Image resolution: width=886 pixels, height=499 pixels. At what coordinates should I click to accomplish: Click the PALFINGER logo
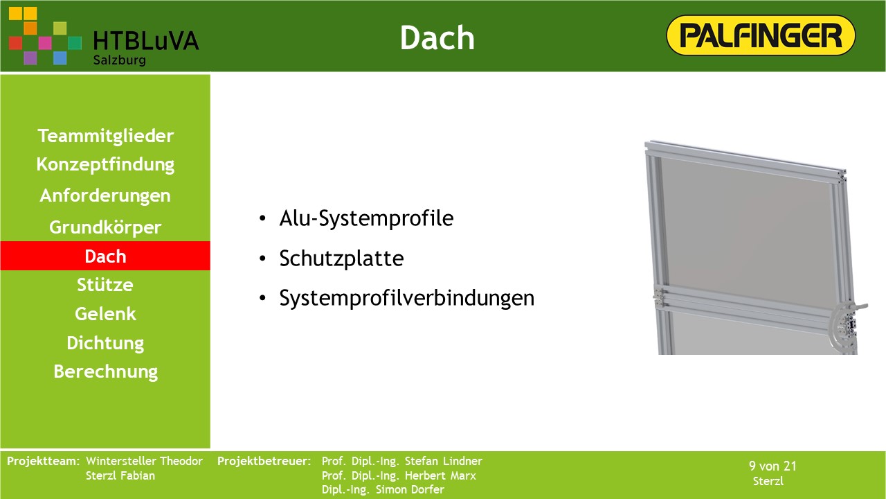point(761,35)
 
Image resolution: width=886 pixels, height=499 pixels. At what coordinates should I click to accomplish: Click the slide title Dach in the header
point(437,37)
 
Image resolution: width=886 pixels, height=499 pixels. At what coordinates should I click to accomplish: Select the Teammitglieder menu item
point(106,136)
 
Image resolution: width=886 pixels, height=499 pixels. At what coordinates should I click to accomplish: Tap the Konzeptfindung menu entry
point(105,165)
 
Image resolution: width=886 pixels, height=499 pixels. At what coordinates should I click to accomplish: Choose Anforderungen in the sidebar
point(105,195)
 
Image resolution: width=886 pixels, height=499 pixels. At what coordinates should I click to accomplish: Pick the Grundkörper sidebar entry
point(105,227)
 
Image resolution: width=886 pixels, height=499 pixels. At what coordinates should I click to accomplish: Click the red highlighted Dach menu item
point(105,256)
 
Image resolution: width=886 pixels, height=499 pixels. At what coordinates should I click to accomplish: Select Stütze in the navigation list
point(105,285)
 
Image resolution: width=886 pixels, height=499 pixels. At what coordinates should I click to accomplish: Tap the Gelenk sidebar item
point(105,314)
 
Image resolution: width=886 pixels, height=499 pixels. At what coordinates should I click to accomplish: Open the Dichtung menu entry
point(105,343)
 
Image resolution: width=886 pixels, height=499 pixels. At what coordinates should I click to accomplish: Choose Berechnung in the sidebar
point(106,372)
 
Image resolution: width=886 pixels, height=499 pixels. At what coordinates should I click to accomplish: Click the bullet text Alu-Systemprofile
point(366,218)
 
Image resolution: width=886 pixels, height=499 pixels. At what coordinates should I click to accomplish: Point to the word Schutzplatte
point(341,259)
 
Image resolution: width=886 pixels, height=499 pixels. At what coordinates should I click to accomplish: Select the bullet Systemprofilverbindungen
point(406,298)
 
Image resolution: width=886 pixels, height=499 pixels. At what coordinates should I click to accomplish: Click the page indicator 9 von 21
point(772,466)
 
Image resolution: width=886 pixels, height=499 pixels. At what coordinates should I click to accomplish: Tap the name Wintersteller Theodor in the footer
point(144,462)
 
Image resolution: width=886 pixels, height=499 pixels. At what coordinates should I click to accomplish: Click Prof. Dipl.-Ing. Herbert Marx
point(399,475)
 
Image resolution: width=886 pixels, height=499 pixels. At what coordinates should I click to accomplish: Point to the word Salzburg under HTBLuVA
point(120,60)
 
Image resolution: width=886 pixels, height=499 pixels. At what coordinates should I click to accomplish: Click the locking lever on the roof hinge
point(858,306)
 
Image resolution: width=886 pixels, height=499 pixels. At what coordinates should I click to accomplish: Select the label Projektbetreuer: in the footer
point(264,462)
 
